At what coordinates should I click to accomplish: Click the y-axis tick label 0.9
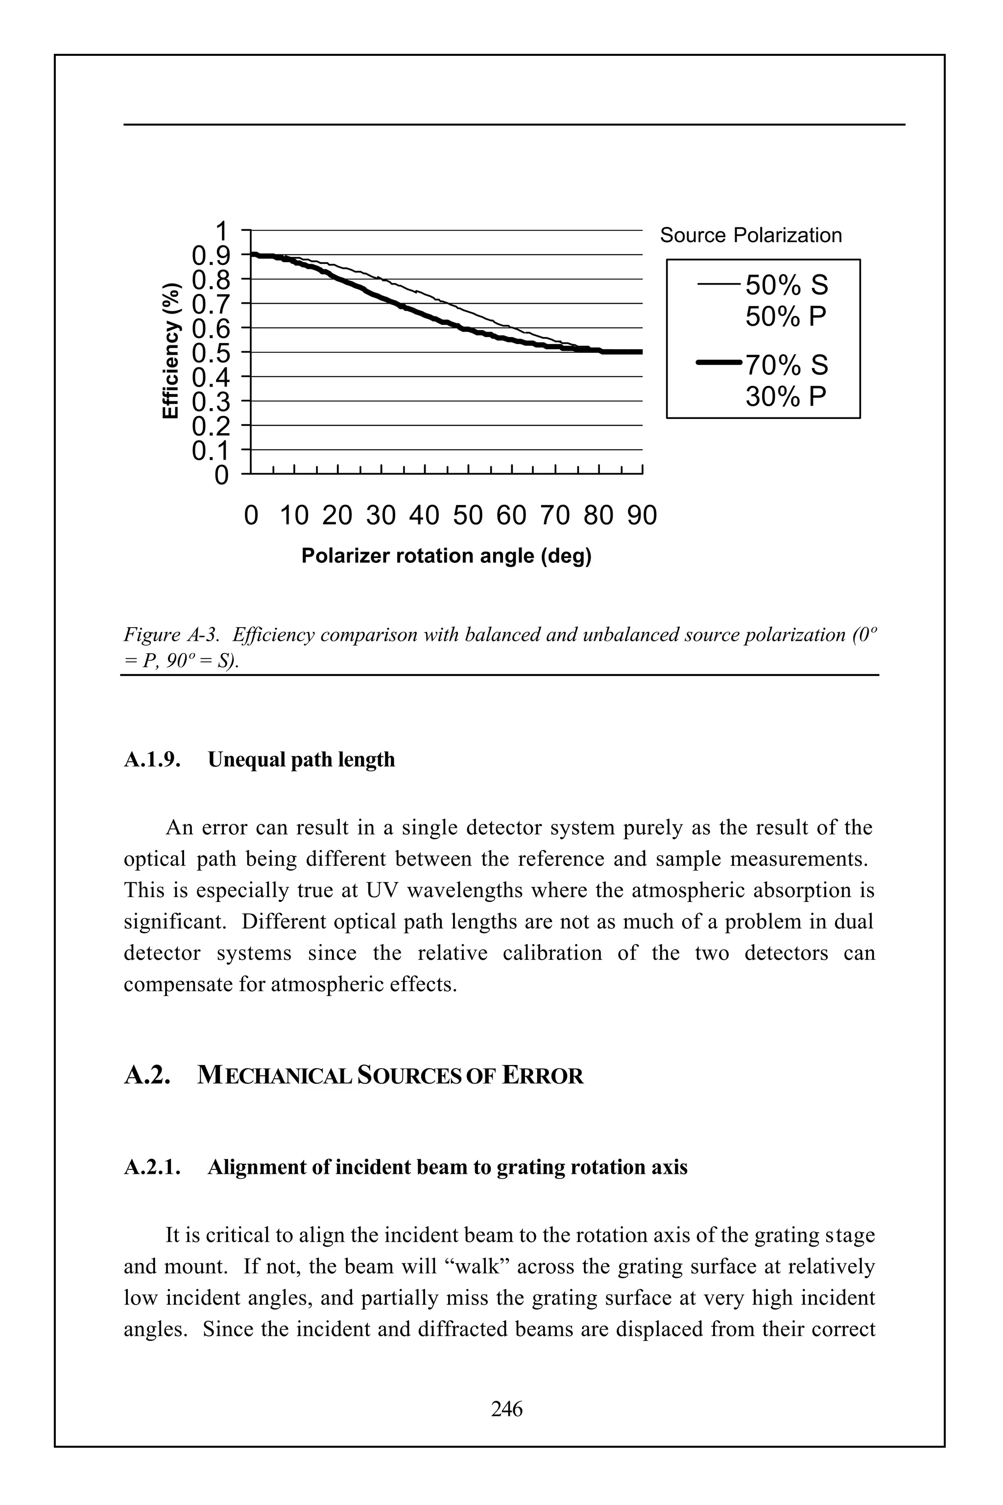click(211, 255)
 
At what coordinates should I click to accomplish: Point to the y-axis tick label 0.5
click(211, 353)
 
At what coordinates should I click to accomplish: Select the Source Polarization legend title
click(750, 236)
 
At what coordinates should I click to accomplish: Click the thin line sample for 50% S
click(719, 285)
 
